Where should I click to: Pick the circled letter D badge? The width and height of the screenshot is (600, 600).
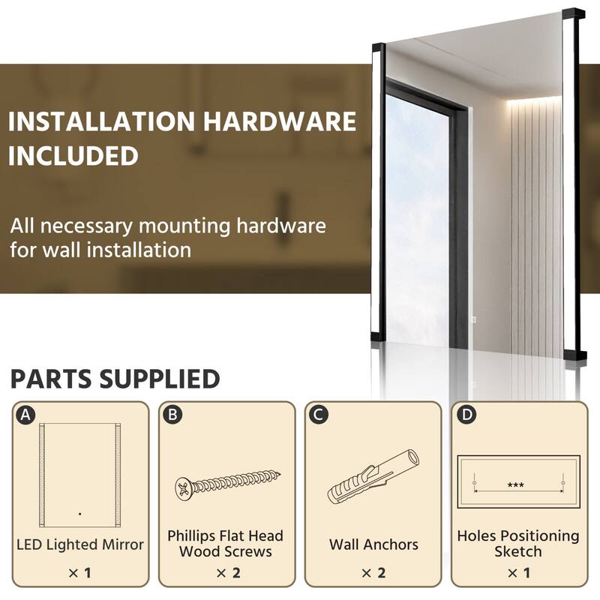point(466,414)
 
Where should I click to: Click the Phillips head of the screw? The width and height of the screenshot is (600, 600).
point(184,489)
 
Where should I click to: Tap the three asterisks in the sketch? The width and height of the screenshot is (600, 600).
point(515,485)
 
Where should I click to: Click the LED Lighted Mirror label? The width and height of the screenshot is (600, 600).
point(79,544)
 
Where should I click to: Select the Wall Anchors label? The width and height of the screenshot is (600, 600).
point(373,544)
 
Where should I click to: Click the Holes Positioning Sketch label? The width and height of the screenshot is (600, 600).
point(518,544)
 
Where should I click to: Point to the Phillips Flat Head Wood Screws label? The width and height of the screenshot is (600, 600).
point(225,544)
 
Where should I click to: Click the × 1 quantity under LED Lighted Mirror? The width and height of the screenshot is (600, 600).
point(79,574)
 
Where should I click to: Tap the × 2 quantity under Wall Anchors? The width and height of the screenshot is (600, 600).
point(373,574)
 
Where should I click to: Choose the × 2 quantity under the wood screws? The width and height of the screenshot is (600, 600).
point(226,574)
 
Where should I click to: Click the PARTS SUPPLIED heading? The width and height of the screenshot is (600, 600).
point(115,379)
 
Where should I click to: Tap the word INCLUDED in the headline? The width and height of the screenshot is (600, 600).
point(73,156)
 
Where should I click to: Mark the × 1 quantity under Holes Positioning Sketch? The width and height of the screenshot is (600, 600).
point(518,574)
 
